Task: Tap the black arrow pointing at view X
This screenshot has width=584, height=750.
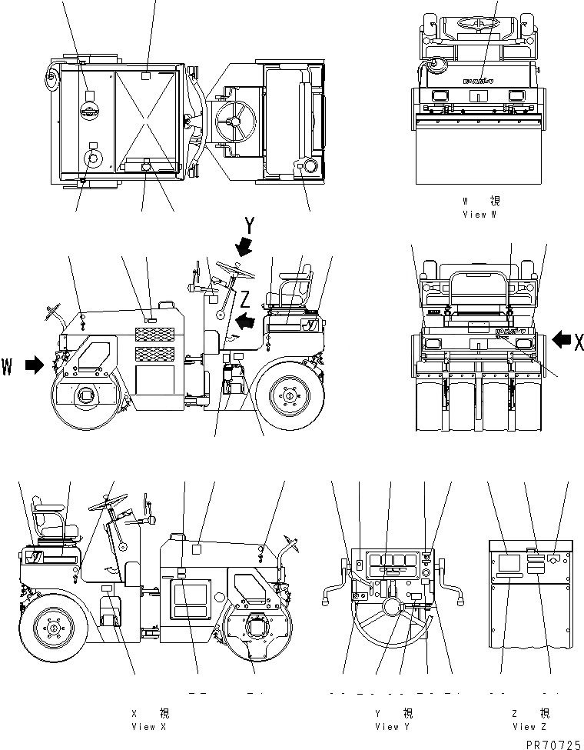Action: [562, 337]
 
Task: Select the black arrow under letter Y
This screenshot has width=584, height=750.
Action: [245, 246]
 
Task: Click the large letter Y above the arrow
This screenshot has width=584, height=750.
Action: [249, 225]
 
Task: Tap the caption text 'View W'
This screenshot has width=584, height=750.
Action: [480, 215]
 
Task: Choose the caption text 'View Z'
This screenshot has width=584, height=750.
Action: [529, 726]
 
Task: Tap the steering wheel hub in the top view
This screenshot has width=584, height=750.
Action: [235, 121]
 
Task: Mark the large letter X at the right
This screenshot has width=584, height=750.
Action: [578, 342]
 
